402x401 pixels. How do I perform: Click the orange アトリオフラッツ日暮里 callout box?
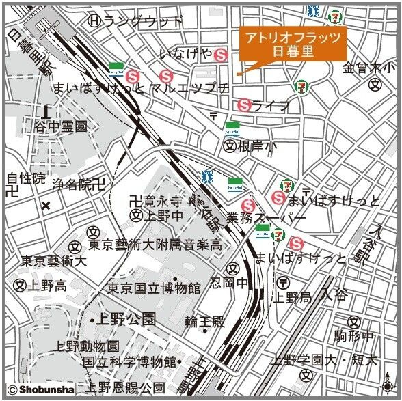292,43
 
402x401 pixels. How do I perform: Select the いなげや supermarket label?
185,53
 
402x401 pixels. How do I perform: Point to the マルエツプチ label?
189,88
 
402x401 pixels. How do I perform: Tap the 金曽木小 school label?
368,68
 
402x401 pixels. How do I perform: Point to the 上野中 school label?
163,216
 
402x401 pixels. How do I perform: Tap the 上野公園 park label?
127,318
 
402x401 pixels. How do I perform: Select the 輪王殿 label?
204,321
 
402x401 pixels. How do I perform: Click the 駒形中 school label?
353,335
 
